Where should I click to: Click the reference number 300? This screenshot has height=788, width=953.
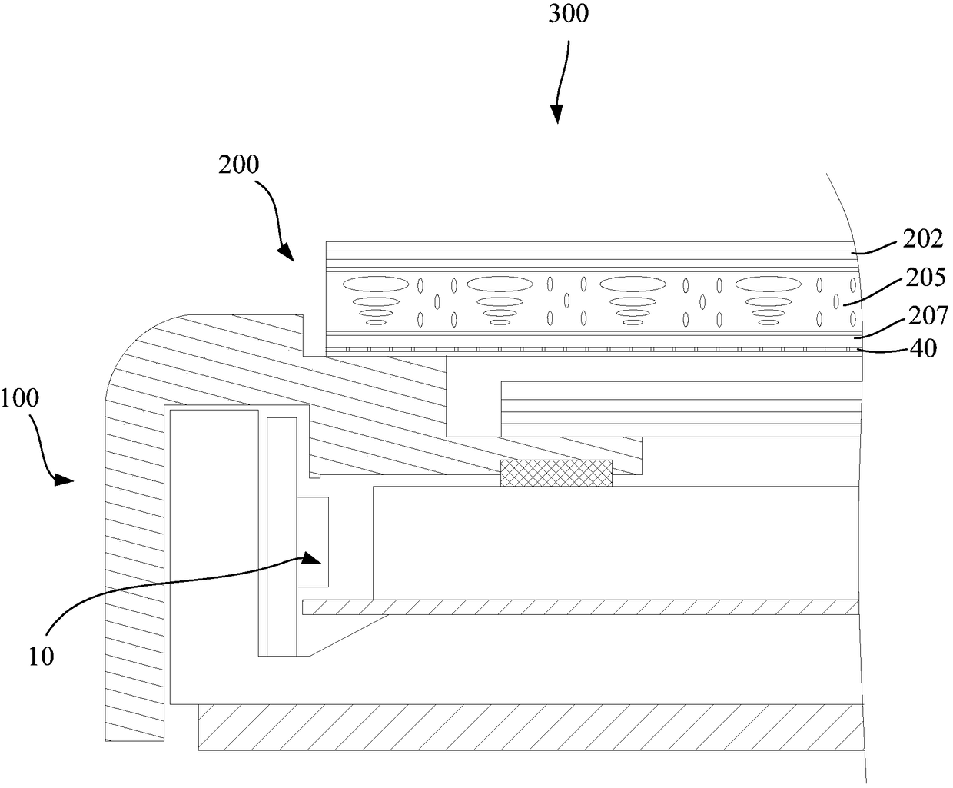pyautogui.click(x=569, y=15)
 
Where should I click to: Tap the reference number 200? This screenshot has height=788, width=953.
pyautogui.click(x=237, y=165)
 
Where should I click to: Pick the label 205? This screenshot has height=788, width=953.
pyautogui.click(x=924, y=277)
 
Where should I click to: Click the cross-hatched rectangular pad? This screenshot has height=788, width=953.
pyautogui.click(x=556, y=473)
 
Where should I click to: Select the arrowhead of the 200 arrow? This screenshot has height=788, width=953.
pyautogui.click(x=285, y=251)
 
